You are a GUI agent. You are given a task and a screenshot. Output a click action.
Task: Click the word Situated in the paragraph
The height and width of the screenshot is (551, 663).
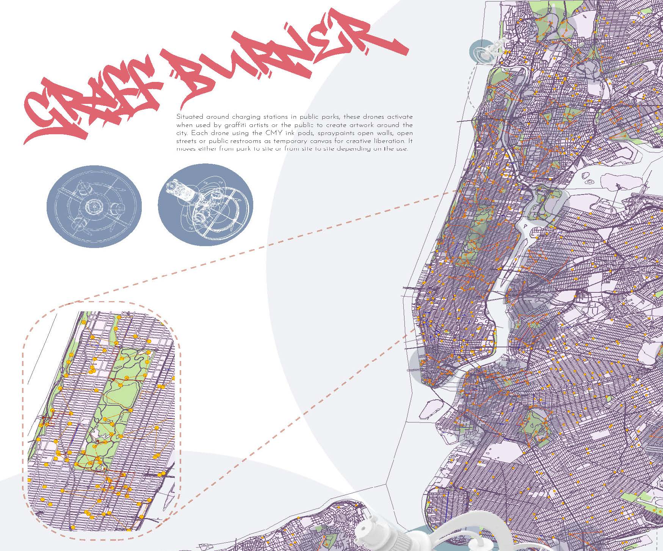point(188,117)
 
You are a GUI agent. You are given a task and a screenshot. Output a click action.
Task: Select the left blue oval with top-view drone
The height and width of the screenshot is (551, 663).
point(94,206)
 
